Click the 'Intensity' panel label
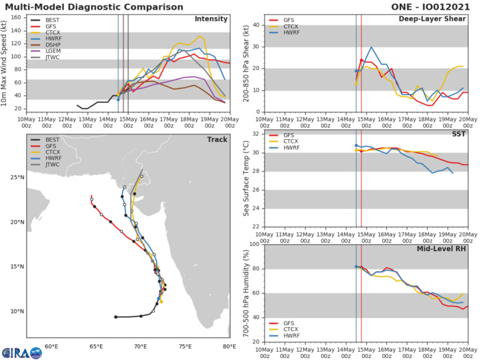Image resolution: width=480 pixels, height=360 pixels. tap(211, 19)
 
